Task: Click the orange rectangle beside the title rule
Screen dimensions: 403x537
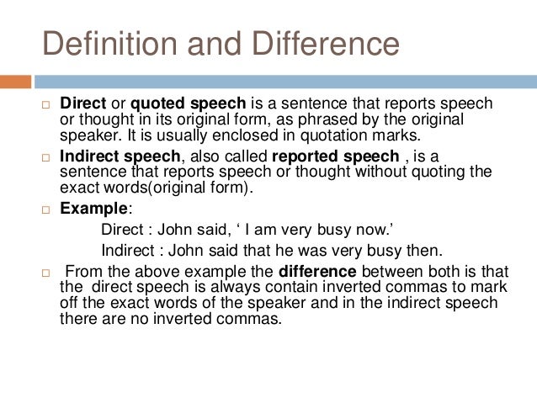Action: (x=15, y=82)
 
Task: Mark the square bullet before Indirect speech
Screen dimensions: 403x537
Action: (x=46, y=157)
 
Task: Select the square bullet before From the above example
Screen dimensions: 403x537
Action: (x=46, y=273)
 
